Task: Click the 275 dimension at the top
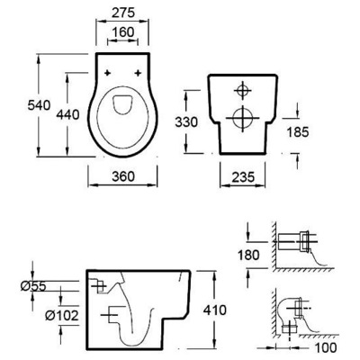tap(123, 13)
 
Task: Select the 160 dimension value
tap(123, 32)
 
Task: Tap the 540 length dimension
tap(39, 105)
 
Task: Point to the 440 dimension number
tap(67, 114)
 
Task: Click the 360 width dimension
tap(123, 176)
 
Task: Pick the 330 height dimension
tap(186, 122)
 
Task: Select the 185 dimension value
tap(298, 131)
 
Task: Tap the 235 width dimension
tap(243, 177)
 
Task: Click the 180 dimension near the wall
tap(248, 256)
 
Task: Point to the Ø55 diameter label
tap(33, 287)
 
